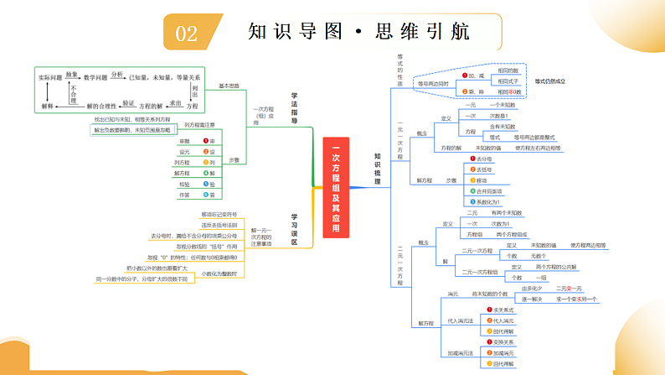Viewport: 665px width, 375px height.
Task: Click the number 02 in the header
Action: [x=186, y=33]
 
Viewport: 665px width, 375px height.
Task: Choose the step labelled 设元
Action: [x=184, y=152]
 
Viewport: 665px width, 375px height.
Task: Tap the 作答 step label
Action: [x=184, y=195]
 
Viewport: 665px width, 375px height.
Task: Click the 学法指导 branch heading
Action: [x=295, y=107]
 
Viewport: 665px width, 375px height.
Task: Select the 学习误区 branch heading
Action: [x=295, y=229]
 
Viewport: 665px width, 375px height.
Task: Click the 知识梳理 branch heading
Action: [x=378, y=169]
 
